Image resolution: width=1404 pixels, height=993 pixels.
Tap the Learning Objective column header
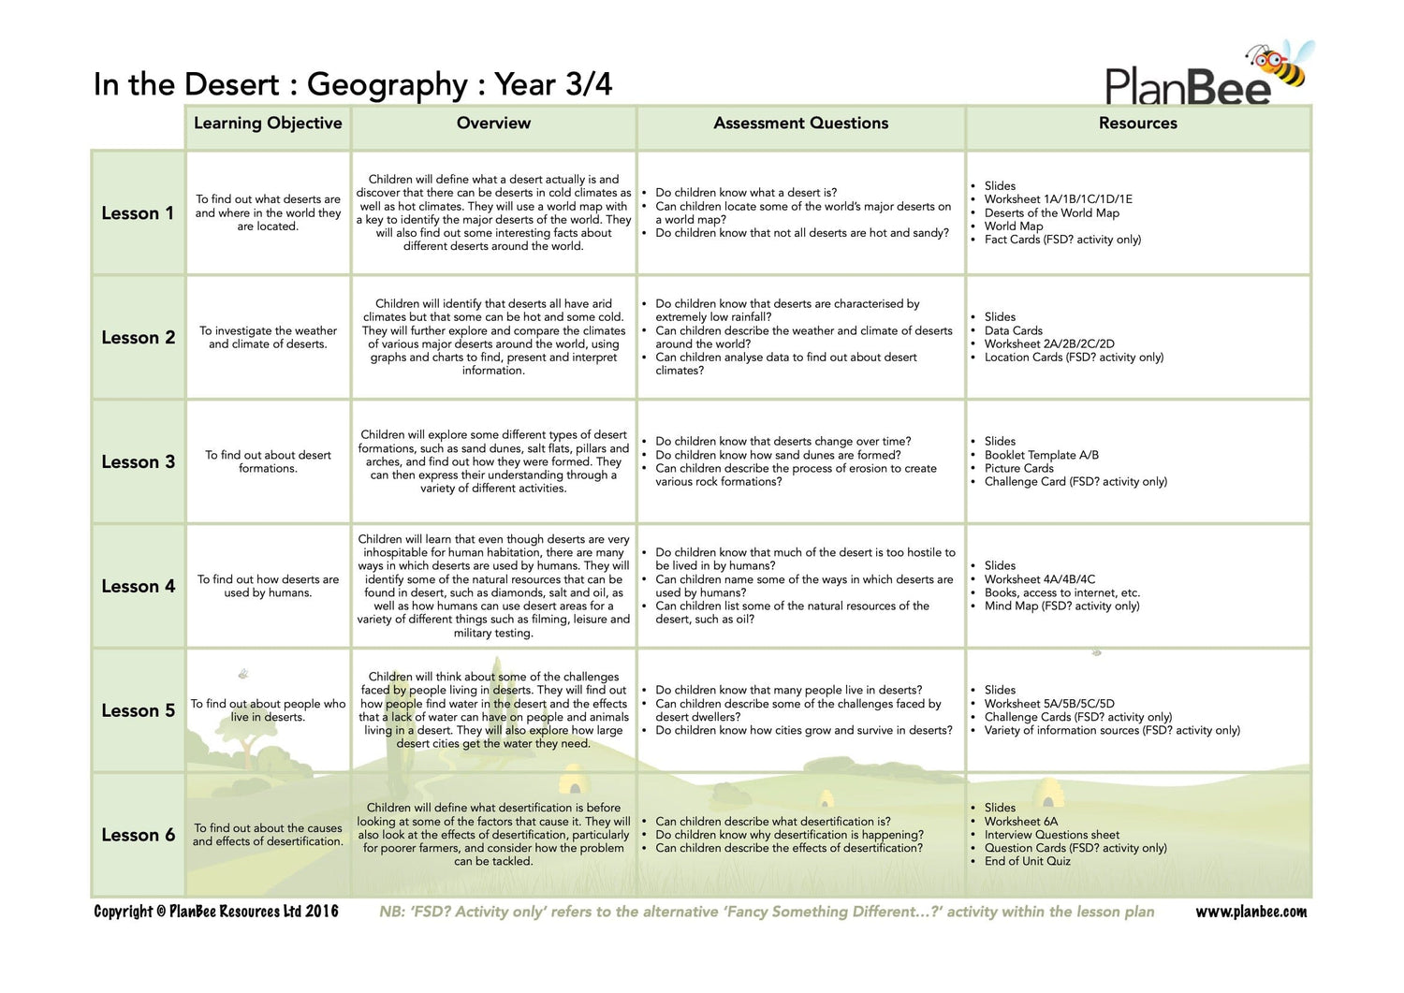coord(268,124)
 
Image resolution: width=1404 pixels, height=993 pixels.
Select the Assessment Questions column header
coord(800,124)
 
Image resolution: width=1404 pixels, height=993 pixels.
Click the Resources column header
coord(1137,124)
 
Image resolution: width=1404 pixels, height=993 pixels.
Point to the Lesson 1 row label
coord(138,213)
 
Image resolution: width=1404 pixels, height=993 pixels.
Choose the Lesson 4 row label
coord(138,587)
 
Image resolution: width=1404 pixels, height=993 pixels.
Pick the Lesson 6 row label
coord(138,835)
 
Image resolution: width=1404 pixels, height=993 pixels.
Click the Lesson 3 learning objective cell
coord(268,461)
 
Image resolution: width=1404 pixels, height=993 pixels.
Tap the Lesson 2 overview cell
coord(493,337)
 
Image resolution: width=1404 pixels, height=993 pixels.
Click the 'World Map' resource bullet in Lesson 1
coord(1013,226)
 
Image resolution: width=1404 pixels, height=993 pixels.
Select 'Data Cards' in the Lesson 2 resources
coord(1013,330)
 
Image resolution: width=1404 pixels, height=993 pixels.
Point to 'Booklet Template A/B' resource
coord(1041,455)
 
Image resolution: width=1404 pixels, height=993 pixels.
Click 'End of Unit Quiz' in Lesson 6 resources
coord(1027,861)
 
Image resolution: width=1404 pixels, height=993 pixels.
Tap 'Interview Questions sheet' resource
coord(1051,835)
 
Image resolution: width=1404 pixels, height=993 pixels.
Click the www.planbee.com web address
coord(1250,912)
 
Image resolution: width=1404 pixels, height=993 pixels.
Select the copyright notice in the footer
coord(216,912)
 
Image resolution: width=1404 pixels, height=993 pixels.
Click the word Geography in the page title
coord(387,85)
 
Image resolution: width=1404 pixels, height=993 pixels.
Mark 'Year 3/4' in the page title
coord(553,85)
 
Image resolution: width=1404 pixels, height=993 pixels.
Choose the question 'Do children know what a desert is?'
coord(746,193)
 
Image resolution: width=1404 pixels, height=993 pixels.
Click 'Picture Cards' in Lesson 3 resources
coord(1018,468)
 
